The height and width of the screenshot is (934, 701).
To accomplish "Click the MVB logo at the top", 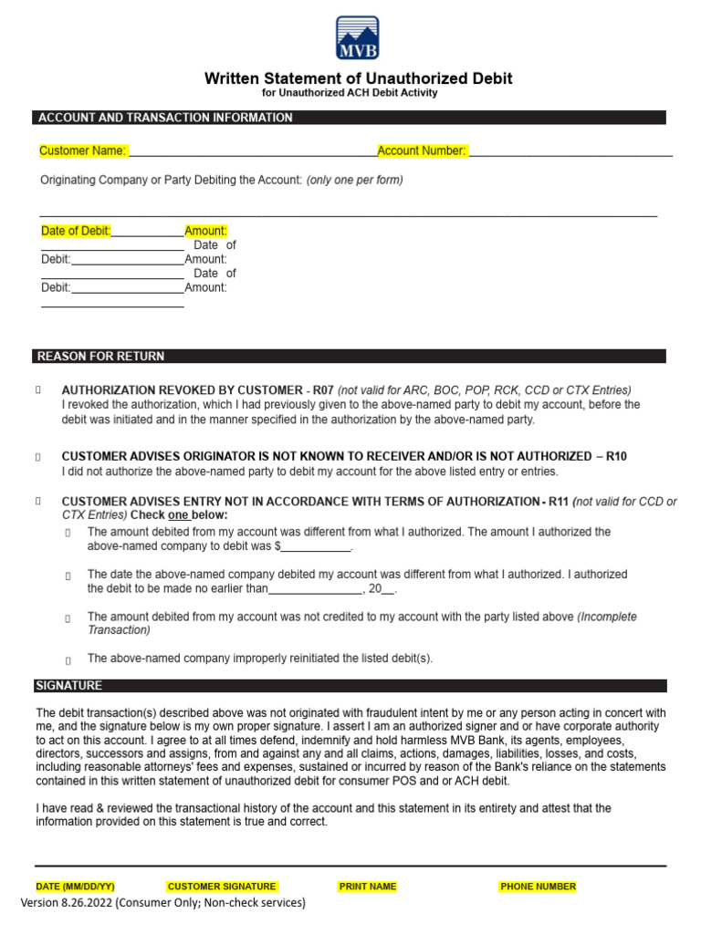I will (358, 37).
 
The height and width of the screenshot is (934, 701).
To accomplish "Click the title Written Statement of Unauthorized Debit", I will (358, 78).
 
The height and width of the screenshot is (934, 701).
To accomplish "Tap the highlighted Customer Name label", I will (83, 150).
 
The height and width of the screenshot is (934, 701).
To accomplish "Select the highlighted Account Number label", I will (422, 150).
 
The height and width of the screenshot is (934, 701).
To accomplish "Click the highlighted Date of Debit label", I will (76, 231).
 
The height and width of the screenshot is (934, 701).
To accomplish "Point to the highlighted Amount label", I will (205, 231).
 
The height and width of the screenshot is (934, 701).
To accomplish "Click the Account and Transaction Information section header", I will (164, 118).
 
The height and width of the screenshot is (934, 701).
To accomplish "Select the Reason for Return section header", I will (100, 356).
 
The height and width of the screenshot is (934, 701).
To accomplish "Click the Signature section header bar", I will (69, 685).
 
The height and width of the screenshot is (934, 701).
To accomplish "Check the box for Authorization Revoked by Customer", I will (38, 389).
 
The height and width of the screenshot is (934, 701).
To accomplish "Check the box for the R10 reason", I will (38, 456).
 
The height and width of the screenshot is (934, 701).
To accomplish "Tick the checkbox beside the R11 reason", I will (38, 502).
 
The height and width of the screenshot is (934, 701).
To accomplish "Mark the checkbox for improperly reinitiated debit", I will (68, 659).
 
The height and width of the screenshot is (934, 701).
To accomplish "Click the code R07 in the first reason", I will (323, 389).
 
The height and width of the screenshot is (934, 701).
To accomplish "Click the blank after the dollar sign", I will (316, 546).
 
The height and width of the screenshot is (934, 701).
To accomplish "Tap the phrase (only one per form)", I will (354, 180).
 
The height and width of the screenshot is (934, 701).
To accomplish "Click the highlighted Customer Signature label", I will (222, 886).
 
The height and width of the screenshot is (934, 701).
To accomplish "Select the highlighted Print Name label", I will (368, 886).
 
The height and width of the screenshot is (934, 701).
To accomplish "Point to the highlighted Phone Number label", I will (538, 886).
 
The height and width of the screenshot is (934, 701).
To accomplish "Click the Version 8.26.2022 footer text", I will (162, 902).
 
